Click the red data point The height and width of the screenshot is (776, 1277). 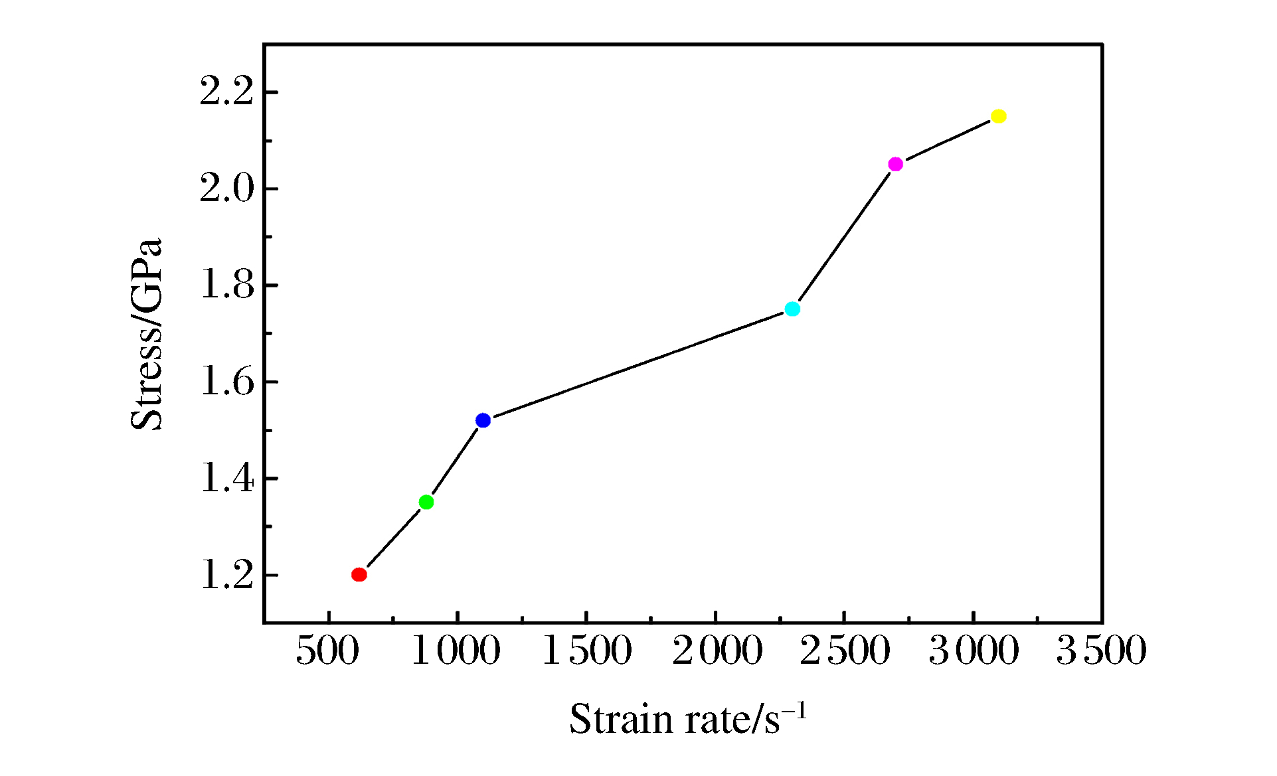coord(359,574)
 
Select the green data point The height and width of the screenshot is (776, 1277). coord(426,502)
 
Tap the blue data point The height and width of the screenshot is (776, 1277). coord(483,420)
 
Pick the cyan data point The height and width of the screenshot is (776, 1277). coord(792,309)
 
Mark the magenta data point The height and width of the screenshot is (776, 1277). coord(895,164)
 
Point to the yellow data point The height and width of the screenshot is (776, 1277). coord(999,116)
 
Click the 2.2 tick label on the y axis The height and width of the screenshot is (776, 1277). coord(227,92)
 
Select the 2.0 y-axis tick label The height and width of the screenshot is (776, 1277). coord(227,189)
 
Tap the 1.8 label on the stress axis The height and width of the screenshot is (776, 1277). coord(227,285)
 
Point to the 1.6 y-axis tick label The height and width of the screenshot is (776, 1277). coord(227,382)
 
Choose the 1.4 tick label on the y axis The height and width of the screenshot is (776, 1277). coord(227,479)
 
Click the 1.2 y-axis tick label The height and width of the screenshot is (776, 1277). coord(227,576)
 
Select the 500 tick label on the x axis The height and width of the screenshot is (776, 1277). coord(327,651)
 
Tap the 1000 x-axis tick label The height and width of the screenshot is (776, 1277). coord(456,651)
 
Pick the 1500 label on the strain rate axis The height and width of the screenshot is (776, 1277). coord(587,651)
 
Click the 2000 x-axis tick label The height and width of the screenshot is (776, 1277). coord(717,651)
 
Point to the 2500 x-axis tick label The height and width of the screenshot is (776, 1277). coord(845,651)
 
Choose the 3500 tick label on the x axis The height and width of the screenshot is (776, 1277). coord(1102,651)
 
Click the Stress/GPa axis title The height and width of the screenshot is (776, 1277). coord(146,334)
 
